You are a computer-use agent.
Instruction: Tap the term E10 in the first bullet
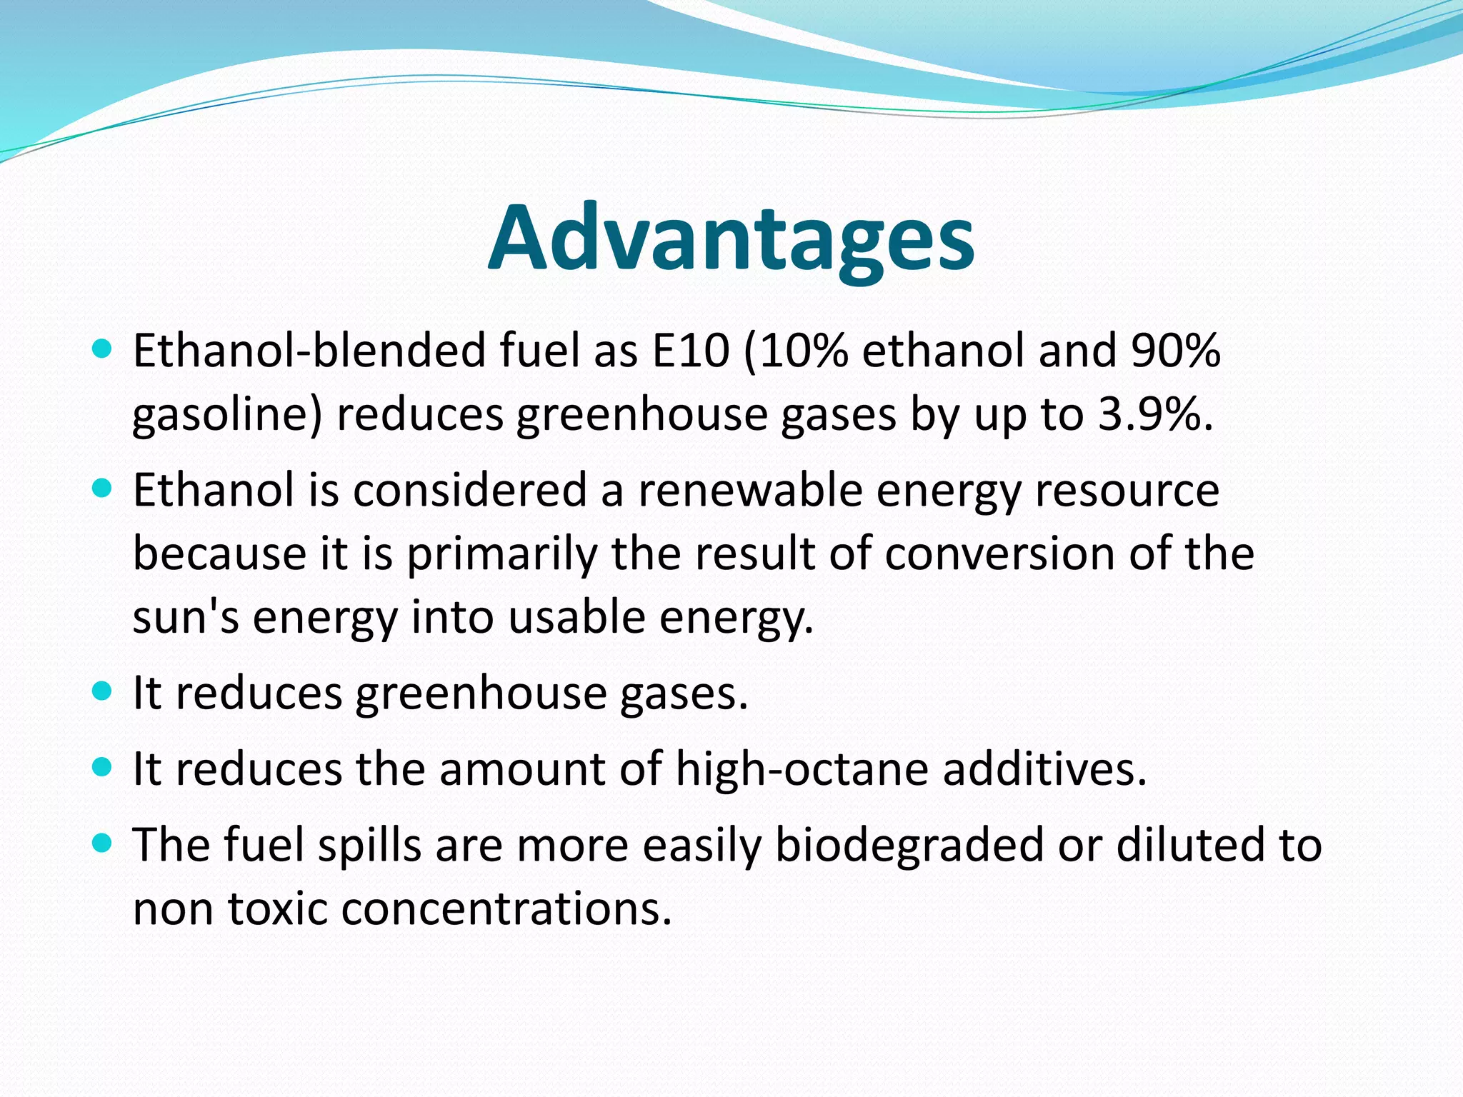[691, 351]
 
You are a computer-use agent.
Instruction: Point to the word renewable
[750, 491]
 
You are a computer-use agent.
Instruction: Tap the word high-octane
[802, 769]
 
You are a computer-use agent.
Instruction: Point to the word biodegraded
[909, 846]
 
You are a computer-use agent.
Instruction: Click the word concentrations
[506, 909]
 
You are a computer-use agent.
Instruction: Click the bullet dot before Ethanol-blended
[103, 349]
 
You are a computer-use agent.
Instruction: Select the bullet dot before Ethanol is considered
[103, 489]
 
